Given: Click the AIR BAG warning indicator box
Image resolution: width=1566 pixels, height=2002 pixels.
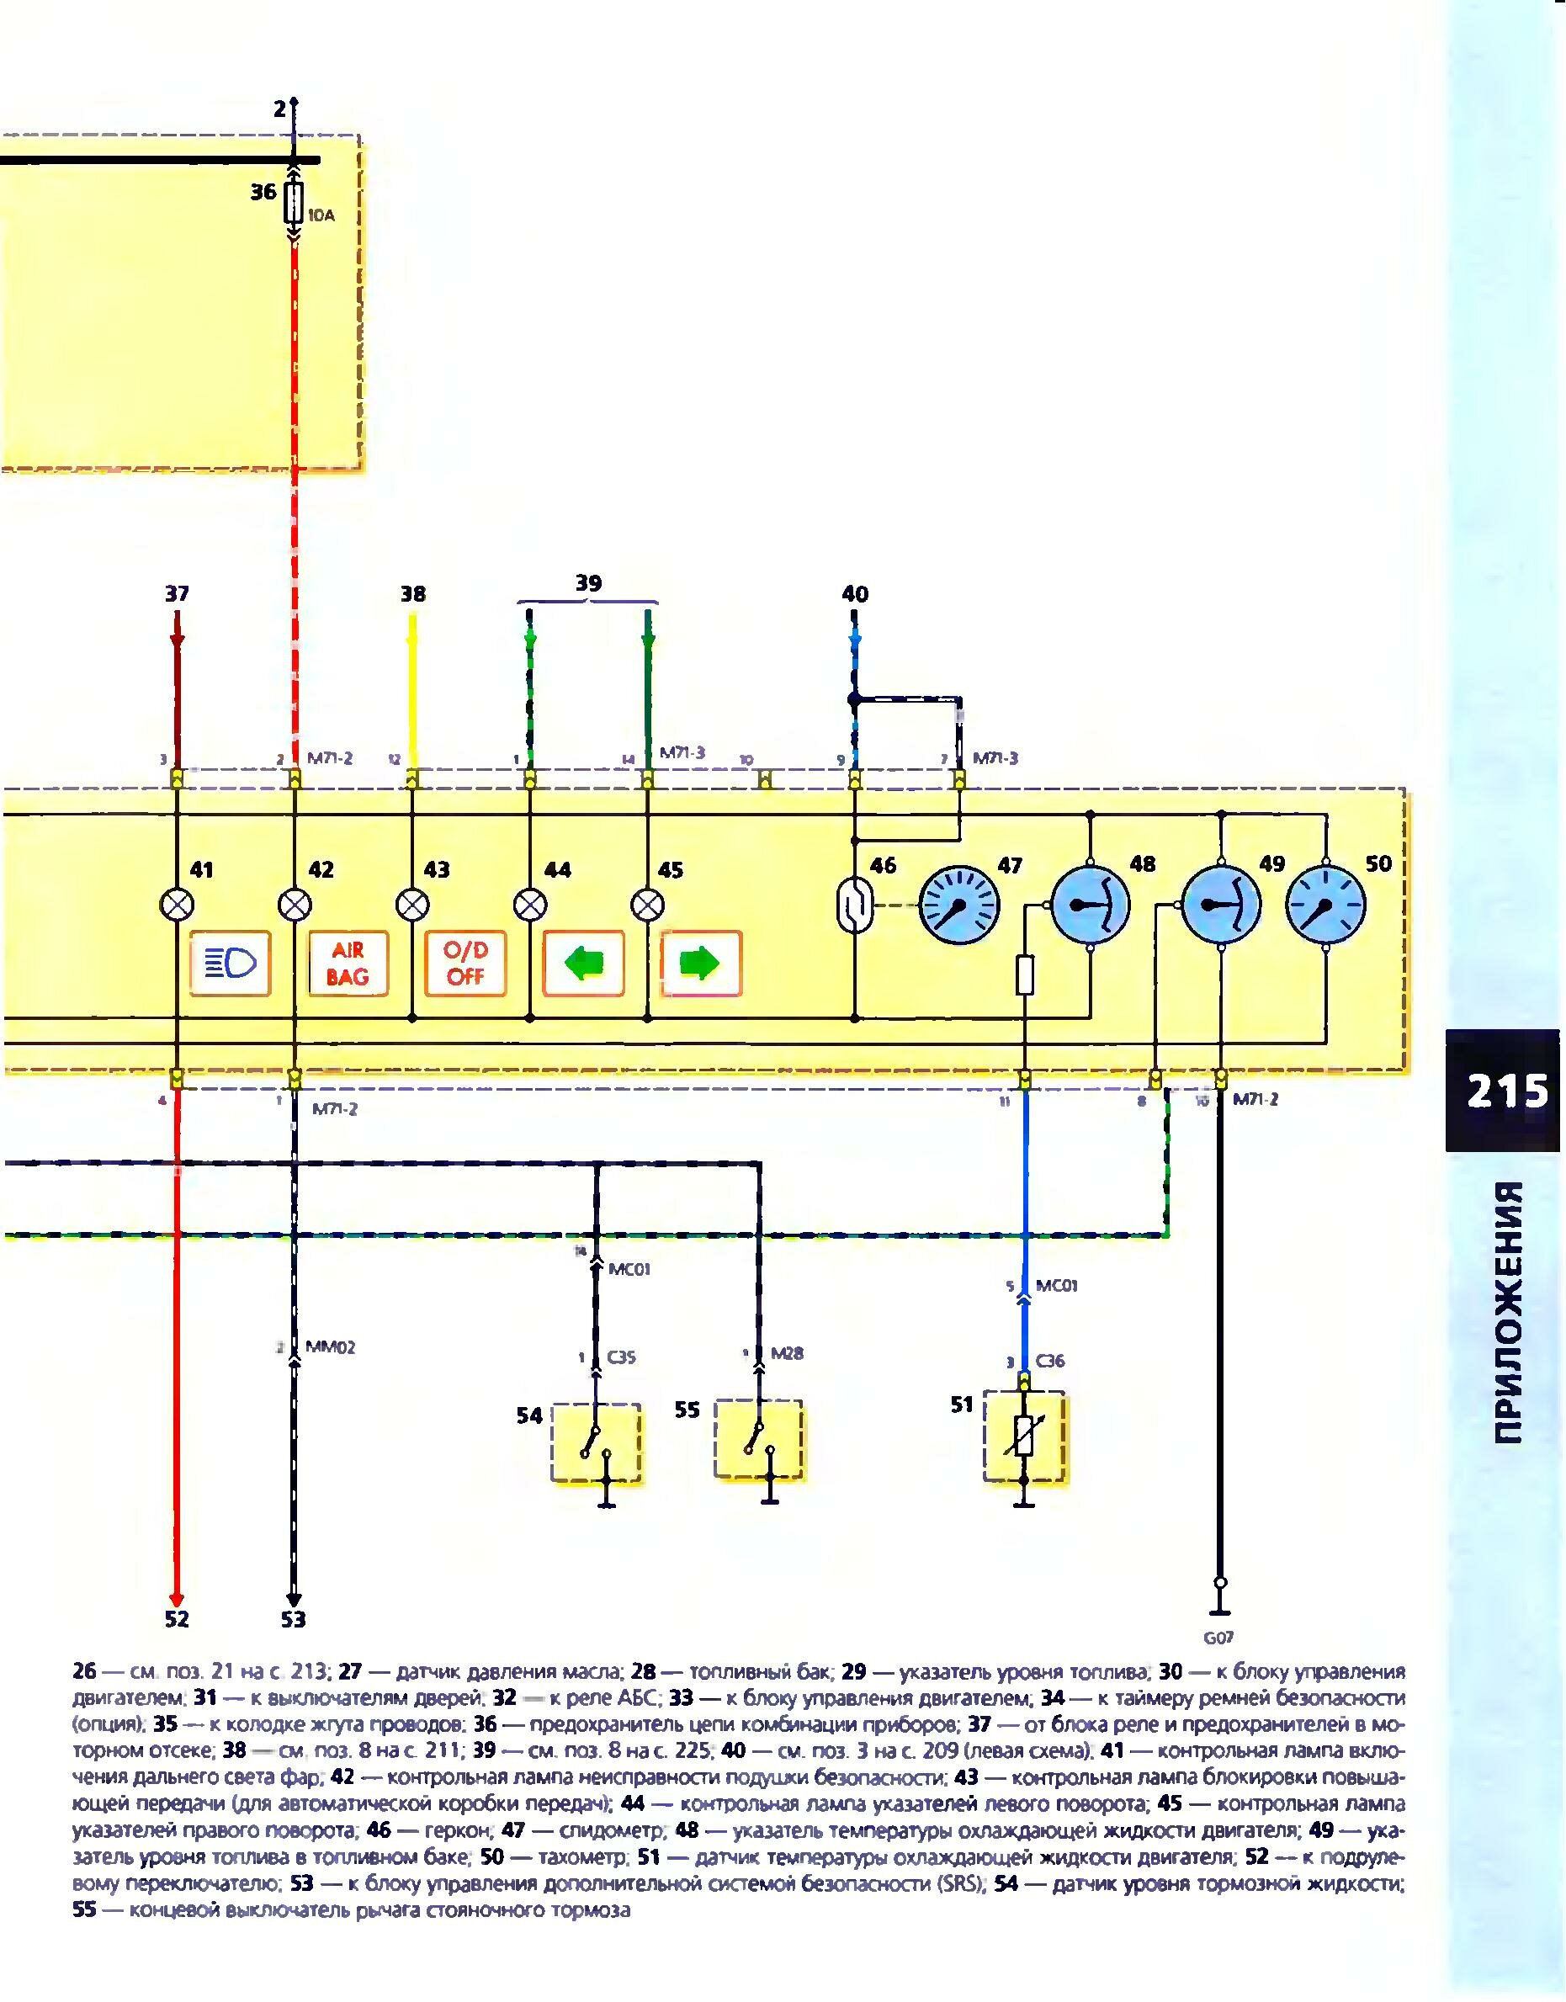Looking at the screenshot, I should coord(348,964).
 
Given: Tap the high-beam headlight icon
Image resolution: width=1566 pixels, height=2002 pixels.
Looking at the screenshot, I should coord(230,964).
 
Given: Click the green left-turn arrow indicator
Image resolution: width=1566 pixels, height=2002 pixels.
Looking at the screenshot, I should coord(583,964).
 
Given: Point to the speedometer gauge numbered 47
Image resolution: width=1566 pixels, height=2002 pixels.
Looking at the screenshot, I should coord(958,905).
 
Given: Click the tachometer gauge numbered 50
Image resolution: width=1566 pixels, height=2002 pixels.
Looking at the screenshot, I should coord(1326,905).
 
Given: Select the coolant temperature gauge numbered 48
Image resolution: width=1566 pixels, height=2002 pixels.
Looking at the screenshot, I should coord(1091,905).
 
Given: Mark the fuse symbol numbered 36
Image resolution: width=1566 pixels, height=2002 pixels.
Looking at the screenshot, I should coord(294,204).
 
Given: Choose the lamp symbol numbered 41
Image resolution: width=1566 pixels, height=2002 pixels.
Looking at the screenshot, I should coord(177,905).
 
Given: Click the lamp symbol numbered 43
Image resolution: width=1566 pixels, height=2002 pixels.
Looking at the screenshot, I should coord(412,905).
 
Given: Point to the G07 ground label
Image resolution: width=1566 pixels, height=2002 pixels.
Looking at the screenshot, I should coord(1218,1637).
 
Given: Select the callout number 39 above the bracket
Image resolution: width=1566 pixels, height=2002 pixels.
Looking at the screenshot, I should coord(589,583).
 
